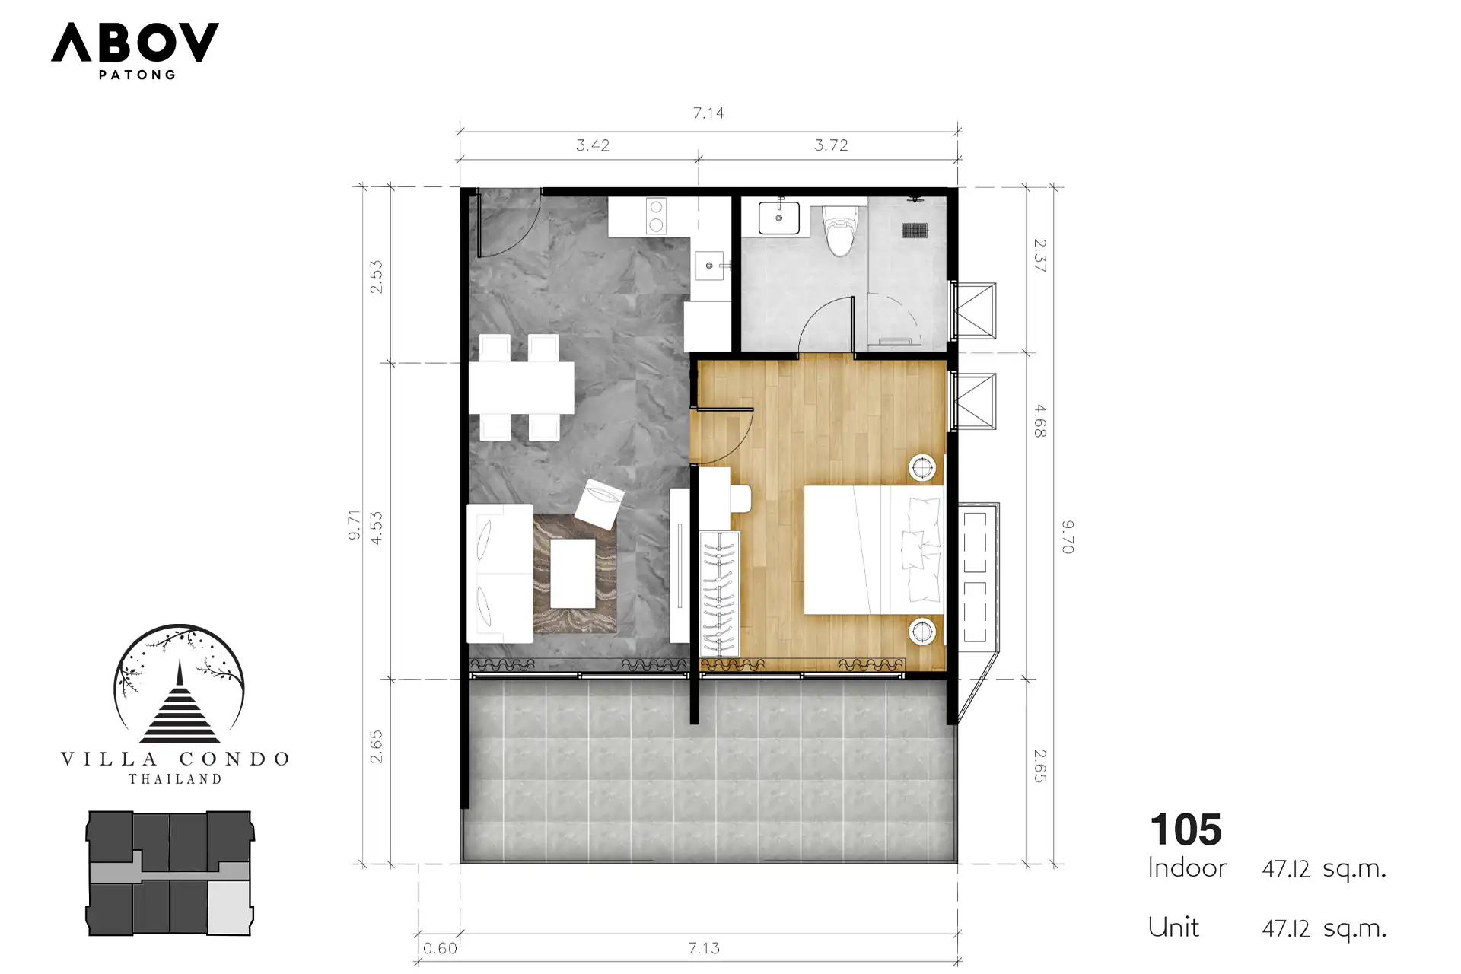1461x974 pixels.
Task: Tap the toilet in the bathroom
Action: click(x=839, y=230)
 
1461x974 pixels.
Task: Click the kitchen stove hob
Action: click(x=655, y=215)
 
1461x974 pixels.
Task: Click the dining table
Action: click(x=521, y=388)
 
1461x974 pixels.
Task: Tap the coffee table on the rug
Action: click(x=572, y=573)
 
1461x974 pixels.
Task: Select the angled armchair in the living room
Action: click(x=599, y=503)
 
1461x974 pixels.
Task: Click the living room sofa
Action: click(x=500, y=573)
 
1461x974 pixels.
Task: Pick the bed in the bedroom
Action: click(x=874, y=549)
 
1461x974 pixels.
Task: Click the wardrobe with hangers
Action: click(x=719, y=594)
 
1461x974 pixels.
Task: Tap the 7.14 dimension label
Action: click(x=708, y=113)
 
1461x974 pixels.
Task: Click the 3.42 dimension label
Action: click(x=593, y=145)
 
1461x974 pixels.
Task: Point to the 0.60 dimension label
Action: click(x=440, y=948)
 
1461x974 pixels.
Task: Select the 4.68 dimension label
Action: click(x=1039, y=421)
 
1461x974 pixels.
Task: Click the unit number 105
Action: click(x=1186, y=829)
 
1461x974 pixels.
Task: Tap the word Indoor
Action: click(x=1187, y=868)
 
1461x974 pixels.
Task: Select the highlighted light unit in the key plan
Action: click(x=229, y=907)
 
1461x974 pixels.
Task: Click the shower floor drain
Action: click(x=914, y=228)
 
